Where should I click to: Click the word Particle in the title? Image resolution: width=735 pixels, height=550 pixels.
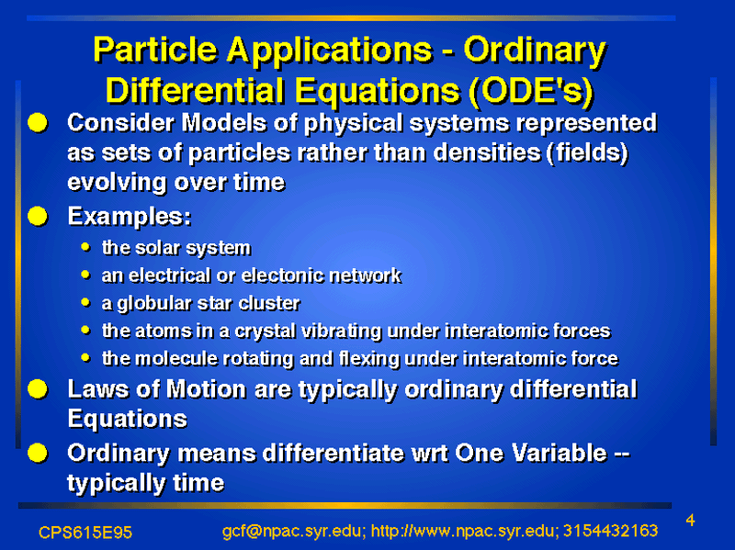point(155,50)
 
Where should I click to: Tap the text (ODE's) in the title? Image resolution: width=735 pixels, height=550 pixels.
point(531,90)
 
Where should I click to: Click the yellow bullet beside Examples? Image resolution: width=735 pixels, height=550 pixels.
point(38,217)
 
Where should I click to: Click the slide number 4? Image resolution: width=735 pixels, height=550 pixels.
point(690,521)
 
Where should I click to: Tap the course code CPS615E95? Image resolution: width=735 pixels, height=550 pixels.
point(85,533)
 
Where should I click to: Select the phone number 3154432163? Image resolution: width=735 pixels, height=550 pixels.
point(611,531)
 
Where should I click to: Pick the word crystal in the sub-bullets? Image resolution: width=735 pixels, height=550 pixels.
point(265,331)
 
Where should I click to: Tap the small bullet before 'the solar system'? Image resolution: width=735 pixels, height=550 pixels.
point(85,247)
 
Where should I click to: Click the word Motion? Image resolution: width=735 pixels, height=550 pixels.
point(206,389)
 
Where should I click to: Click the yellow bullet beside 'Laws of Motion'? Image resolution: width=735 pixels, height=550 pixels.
point(38,389)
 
